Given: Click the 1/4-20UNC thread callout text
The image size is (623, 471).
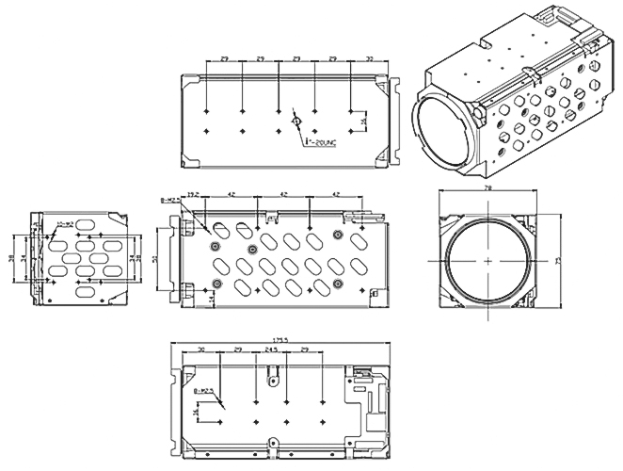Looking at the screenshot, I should [x=316, y=142].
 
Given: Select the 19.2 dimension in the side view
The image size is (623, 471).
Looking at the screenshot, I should [x=193, y=194].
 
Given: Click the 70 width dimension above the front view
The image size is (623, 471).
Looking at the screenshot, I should [x=487, y=188].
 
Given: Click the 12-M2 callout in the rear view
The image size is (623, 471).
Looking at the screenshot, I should [x=64, y=224].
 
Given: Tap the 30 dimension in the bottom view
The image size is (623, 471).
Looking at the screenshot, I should [x=201, y=349].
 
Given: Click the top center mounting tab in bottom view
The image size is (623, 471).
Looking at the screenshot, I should [x=274, y=380].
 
